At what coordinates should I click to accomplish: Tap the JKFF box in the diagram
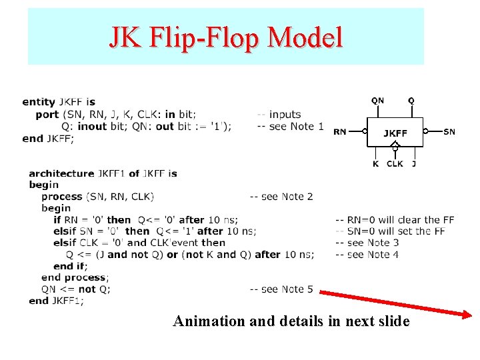pyautogui.click(x=395, y=133)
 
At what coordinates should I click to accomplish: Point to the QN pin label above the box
pyautogui.click(x=377, y=101)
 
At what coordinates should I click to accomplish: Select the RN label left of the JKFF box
pyautogui.click(x=340, y=132)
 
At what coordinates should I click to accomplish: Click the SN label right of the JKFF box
pyautogui.click(x=450, y=132)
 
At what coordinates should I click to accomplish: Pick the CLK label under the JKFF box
pyautogui.click(x=395, y=163)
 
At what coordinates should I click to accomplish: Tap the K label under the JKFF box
pyautogui.click(x=376, y=163)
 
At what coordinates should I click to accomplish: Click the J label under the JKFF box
pyautogui.click(x=414, y=163)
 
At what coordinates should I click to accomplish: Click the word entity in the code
pyautogui.click(x=39, y=102)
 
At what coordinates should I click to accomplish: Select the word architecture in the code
pyautogui.click(x=61, y=173)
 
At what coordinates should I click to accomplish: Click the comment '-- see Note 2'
pyautogui.click(x=281, y=197)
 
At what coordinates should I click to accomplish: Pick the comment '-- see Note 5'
pyautogui.click(x=281, y=289)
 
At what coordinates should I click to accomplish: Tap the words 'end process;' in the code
pyautogui.click(x=75, y=277)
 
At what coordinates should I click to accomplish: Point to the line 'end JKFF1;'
pyautogui.click(x=57, y=301)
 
